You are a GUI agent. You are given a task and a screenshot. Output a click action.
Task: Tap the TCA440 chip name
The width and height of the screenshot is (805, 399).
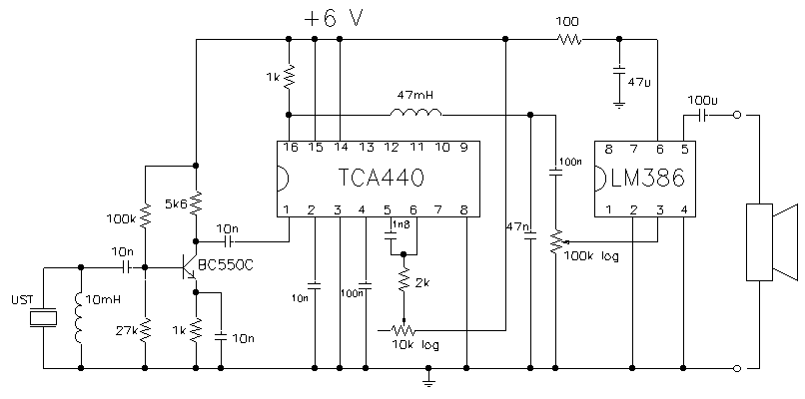point(381,179)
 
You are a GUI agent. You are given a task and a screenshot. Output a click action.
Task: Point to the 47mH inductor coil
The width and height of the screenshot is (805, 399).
point(415,113)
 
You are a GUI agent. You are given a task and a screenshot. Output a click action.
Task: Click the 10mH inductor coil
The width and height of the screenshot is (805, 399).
point(80,317)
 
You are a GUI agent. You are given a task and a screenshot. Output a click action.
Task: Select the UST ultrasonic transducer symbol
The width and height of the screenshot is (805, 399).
point(43,318)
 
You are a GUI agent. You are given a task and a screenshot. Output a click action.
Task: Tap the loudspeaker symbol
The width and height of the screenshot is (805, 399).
point(772,242)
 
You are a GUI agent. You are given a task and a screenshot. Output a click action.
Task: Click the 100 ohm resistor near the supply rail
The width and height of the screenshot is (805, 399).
point(568,39)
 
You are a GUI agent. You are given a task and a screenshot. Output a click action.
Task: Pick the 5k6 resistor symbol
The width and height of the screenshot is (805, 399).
point(196,203)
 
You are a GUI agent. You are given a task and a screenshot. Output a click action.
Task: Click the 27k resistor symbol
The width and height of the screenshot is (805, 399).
point(145,331)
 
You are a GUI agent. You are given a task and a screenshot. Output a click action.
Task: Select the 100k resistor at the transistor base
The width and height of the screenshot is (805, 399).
point(145,215)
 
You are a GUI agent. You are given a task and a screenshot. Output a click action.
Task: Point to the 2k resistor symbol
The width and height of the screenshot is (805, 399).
point(403,279)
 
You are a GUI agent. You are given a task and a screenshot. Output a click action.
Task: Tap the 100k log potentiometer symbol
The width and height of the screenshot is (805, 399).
point(556,241)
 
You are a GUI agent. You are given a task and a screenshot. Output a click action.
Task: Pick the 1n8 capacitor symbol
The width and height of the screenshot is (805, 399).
point(391,236)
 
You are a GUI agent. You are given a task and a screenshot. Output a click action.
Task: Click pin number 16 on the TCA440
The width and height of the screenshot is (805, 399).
point(290,148)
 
